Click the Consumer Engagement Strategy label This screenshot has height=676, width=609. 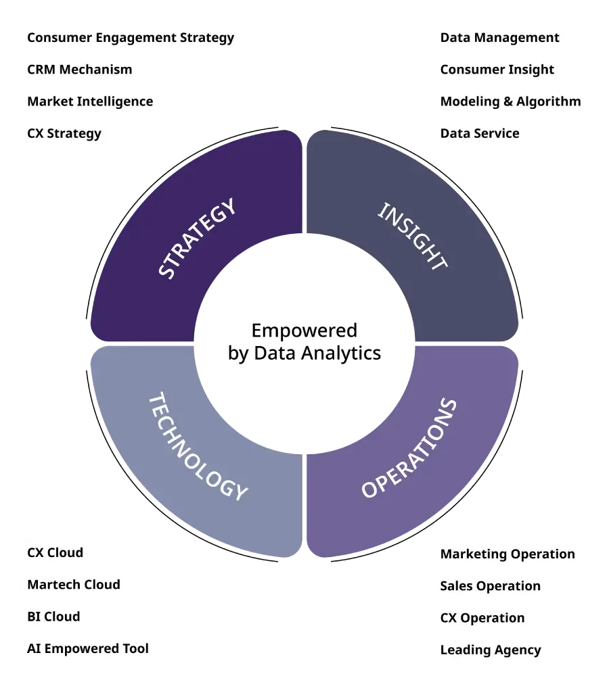(130, 38)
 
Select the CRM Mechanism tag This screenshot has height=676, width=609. (80, 70)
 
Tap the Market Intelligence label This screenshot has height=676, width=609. (89, 101)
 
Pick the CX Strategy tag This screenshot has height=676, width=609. (64, 133)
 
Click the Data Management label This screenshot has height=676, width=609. (500, 38)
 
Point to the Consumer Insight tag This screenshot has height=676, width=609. (497, 70)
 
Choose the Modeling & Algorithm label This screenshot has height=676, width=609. (511, 101)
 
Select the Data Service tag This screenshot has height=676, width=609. (480, 133)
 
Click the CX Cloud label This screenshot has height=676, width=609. (55, 552)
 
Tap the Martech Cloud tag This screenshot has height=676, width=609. (74, 585)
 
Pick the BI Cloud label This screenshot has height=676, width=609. (53, 617)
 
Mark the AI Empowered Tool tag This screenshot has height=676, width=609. (88, 648)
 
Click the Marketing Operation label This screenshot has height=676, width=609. (507, 554)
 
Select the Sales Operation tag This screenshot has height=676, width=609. (491, 586)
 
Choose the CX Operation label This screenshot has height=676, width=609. (482, 618)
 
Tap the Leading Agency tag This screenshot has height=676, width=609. (491, 650)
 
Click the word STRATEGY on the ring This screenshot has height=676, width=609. (198, 238)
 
